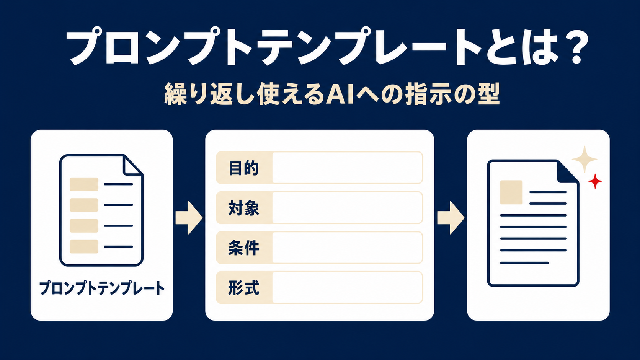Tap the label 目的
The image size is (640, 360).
tap(244, 168)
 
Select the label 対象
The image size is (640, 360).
tap(244, 208)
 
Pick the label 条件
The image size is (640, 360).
tap(244, 248)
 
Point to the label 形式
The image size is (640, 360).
tap(244, 288)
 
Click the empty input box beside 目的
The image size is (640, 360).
tap(348, 168)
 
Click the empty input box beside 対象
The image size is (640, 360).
tap(348, 208)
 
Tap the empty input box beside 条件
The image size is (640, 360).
tap(348, 248)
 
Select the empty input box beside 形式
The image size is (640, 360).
tap(348, 287)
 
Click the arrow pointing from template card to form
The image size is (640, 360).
tap(189, 218)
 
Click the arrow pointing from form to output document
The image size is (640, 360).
tap(451, 218)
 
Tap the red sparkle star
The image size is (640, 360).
tap(595, 181)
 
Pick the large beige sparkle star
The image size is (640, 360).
tap(584, 159)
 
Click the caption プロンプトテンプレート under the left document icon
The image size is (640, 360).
tap(102, 288)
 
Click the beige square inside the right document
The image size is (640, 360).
tap(511, 192)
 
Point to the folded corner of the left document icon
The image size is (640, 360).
tap(133, 165)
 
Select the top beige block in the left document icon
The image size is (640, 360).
tap(84, 184)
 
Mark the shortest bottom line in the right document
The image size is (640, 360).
tap(524, 263)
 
